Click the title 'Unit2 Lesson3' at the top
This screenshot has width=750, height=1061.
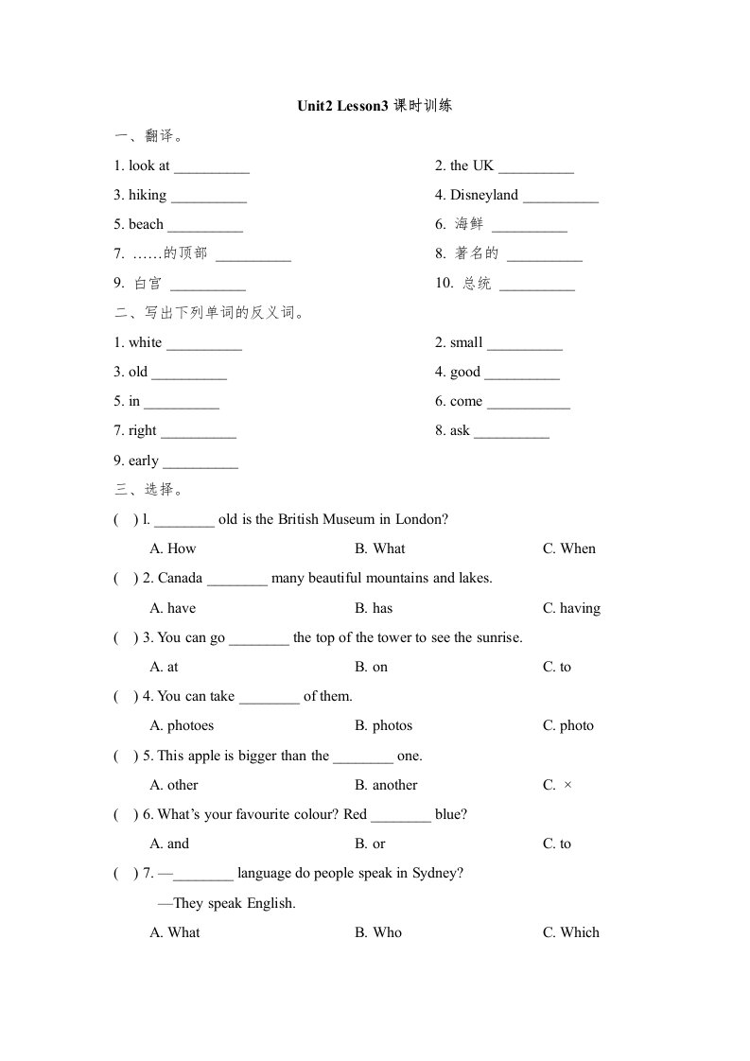[343, 106]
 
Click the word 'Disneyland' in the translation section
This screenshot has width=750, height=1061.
[484, 195]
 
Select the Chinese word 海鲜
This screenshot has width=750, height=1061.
[468, 225]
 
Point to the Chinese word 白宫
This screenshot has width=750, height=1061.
[148, 284]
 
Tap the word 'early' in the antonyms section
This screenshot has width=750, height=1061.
[144, 461]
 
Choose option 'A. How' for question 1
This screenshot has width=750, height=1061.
[173, 548]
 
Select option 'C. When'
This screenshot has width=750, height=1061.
[568, 548]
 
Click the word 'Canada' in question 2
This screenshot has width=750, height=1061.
[180, 578]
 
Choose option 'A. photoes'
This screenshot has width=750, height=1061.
[182, 725]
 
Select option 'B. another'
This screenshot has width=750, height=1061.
[386, 785]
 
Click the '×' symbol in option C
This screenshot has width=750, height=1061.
[567, 785]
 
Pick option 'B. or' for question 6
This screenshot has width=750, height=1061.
[370, 844]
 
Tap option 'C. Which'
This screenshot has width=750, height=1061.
[570, 932]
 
